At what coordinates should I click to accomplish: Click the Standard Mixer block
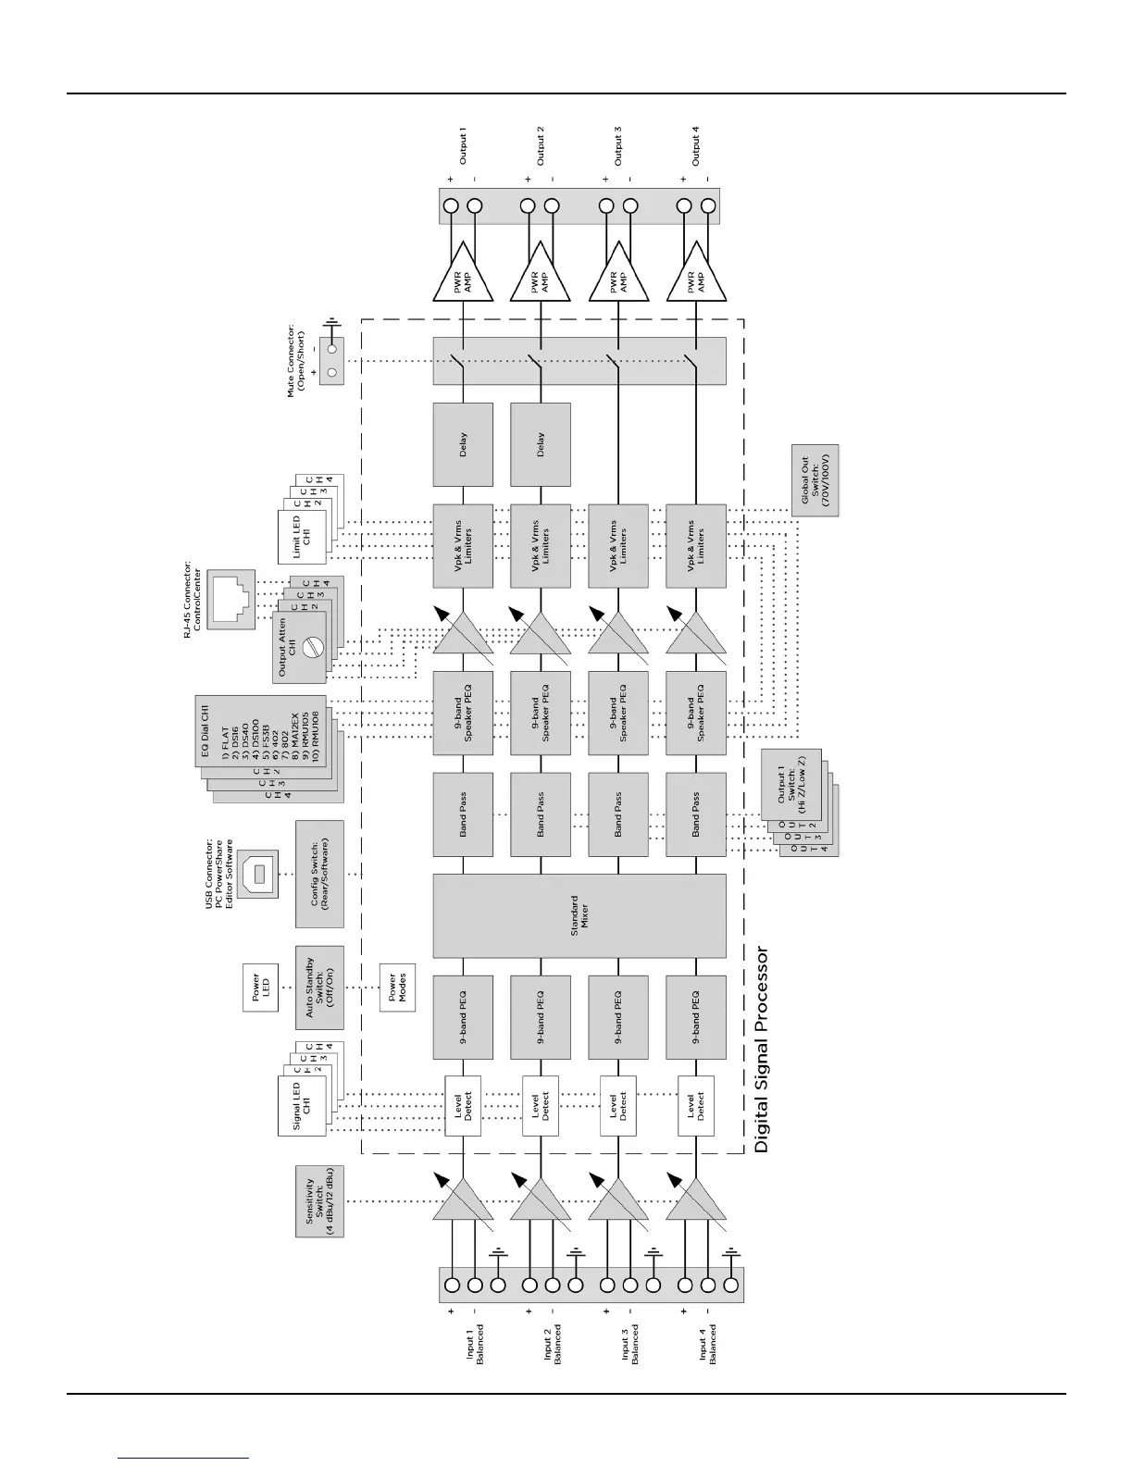coord(579,915)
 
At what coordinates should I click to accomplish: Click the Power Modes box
coord(397,987)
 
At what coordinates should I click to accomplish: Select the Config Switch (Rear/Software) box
coord(319,874)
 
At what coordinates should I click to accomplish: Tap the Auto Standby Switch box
coord(319,987)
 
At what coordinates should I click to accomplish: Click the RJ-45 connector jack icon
coord(230,601)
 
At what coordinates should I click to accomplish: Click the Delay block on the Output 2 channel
coord(541,444)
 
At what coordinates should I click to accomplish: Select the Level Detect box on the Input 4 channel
coord(696,1106)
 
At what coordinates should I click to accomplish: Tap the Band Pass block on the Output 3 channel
coord(618,814)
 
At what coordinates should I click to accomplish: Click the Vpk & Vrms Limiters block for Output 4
coord(696,546)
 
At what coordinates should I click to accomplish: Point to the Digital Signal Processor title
coord(762,1049)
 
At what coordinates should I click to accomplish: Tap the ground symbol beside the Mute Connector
coord(330,328)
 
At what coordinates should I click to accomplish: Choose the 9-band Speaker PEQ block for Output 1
coord(463,721)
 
